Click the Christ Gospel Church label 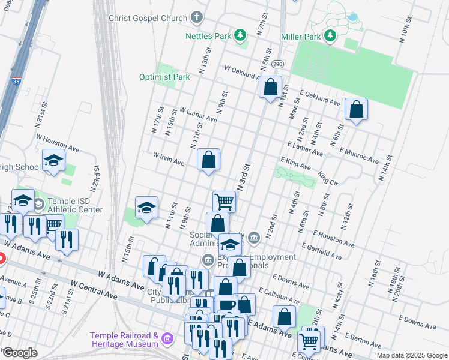pyautogui.click(x=148, y=18)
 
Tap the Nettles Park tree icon pyautogui.click(x=240, y=36)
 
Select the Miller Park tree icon pyautogui.click(x=330, y=37)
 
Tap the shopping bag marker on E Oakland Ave pyautogui.click(x=356, y=110)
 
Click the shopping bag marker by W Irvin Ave pyautogui.click(x=208, y=160)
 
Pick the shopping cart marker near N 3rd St pyautogui.click(x=224, y=202)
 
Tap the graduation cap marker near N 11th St pyautogui.click(x=146, y=208)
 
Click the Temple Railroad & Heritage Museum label pyautogui.click(x=124, y=340)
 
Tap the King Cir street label pyautogui.click(x=328, y=178)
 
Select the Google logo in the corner pyautogui.click(x=20, y=353)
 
